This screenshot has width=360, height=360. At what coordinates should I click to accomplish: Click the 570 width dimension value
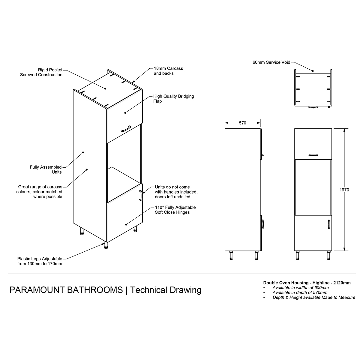click(242, 123)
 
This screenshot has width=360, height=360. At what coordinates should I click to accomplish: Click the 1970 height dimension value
click(344, 190)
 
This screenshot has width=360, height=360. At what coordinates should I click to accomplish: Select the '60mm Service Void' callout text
click(271, 62)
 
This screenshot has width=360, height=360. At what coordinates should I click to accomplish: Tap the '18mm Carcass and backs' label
click(168, 71)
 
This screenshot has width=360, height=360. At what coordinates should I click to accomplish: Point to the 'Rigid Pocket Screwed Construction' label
click(41, 72)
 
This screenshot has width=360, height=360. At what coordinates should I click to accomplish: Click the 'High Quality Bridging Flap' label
click(174, 99)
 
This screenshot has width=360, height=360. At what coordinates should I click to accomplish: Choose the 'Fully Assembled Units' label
click(46, 169)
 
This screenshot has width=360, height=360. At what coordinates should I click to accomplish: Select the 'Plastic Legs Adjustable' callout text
click(40, 259)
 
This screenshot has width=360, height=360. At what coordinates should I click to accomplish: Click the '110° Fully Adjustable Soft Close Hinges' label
click(175, 210)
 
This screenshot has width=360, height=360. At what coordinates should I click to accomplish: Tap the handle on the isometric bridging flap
click(126, 129)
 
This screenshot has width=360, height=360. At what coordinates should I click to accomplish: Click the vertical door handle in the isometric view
click(141, 196)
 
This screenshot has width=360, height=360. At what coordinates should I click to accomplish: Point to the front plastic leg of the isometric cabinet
click(106, 245)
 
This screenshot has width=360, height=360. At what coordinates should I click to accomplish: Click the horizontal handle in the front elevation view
click(313, 155)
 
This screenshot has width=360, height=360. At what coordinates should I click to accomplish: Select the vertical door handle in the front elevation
click(329, 224)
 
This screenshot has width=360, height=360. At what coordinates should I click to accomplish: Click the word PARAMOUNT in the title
click(37, 290)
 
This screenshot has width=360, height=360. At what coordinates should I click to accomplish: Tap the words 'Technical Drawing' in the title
click(166, 290)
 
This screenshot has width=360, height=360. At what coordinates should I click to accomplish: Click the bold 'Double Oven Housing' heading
click(286, 283)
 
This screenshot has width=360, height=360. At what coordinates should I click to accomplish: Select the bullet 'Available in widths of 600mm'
click(300, 288)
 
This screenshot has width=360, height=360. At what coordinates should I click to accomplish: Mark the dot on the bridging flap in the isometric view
click(125, 113)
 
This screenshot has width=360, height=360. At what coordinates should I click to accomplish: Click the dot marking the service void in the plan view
click(313, 71)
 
